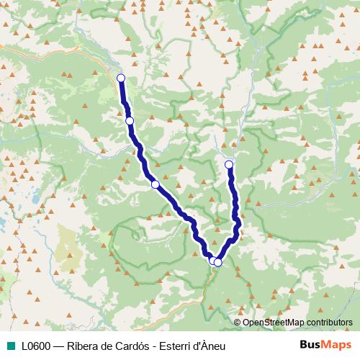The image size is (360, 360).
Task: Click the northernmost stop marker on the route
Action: pyautogui.click(x=121, y=78)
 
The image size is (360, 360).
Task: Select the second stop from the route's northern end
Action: pyautogui.click(x=130, y=121)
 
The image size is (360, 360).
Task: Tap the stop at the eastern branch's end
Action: pyautogui.click(x=230, y=165)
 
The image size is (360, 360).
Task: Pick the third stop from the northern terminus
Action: pyautogui.click(x=155, y=185)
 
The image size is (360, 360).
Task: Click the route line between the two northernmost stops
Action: pyautogui.click(x=125, y=99)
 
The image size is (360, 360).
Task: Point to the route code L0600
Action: pyautogui.click(x=35, y=346)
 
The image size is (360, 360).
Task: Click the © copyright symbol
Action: pyautogui.click(x=238, y=323)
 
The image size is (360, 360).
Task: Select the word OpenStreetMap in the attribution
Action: pyautogui.click(x=274, y=323)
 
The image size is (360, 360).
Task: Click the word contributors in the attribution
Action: pyautogui.click(x=330, y=323)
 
